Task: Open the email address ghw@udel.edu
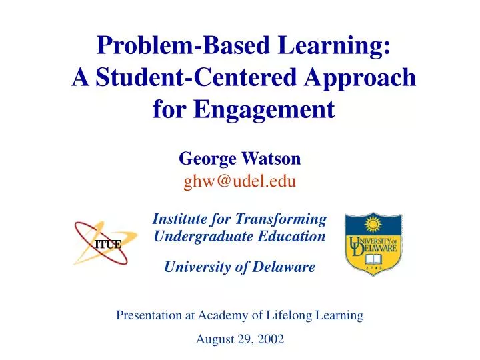[240, 180]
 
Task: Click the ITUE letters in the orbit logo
[107, 243]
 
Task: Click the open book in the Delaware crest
[373, 259]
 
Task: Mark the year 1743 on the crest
[373, 270]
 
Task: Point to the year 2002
[270, 339]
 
